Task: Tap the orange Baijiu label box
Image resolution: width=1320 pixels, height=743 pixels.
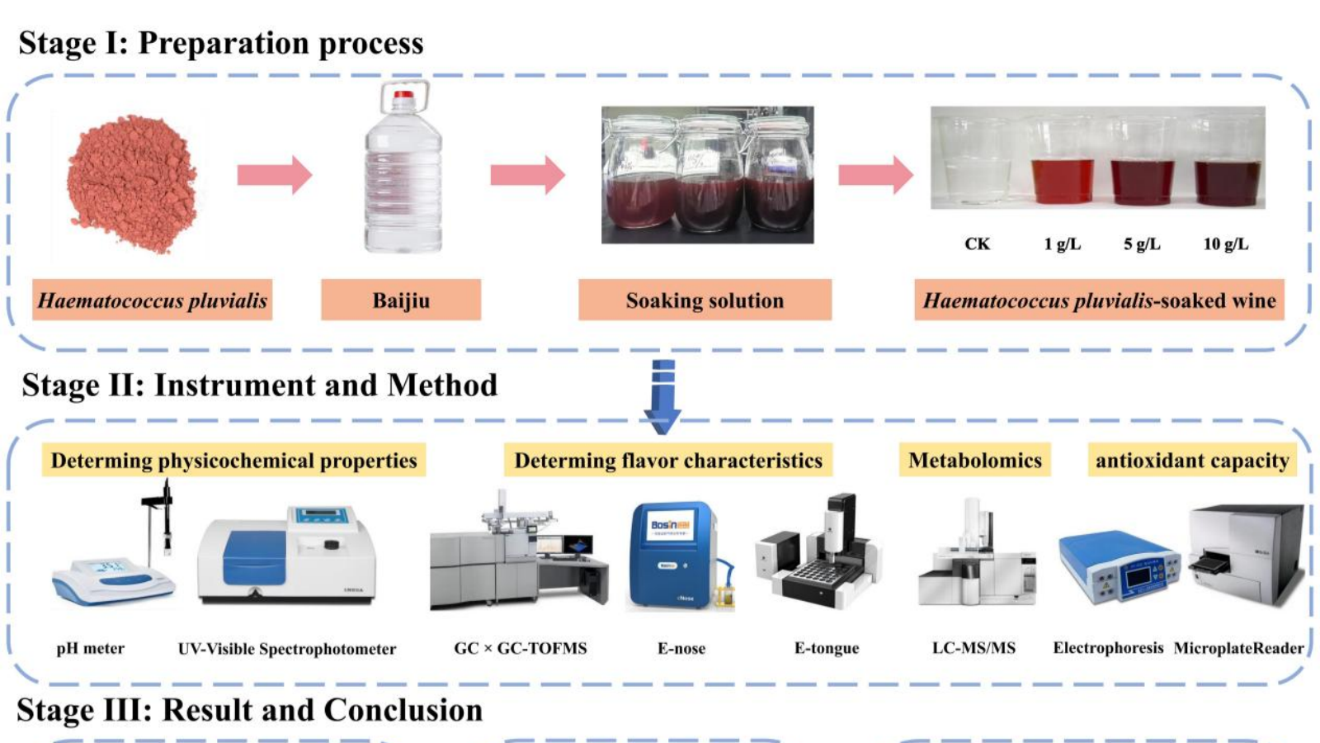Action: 401,300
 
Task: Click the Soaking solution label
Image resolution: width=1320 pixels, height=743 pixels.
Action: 705,300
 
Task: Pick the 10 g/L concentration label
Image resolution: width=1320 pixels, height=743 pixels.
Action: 1225,244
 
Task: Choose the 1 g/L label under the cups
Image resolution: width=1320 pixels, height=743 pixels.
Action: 1062,244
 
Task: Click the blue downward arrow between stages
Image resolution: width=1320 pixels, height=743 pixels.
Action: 662,396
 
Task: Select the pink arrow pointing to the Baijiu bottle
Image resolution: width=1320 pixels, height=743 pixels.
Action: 274,174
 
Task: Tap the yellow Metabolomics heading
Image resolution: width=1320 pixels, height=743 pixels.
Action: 974,460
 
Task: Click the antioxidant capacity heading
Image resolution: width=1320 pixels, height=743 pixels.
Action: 1191,460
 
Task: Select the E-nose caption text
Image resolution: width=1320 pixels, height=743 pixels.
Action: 681,648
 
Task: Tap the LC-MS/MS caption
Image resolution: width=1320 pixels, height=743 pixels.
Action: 973,648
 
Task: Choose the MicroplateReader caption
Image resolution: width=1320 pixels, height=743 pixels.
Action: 1238,648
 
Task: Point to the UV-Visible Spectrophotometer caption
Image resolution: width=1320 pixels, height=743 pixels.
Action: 286,649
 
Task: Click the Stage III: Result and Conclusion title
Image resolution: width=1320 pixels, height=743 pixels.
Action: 249,710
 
